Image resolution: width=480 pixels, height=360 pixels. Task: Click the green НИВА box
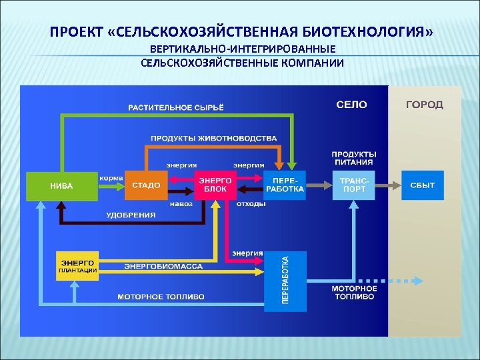[x=61, y=185]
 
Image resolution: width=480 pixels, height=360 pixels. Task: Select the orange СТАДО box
[x=146, y=185]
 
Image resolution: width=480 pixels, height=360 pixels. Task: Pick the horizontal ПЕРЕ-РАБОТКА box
[x=285, y=185]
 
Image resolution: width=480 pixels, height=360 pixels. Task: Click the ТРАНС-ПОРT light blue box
[x=354, y=185]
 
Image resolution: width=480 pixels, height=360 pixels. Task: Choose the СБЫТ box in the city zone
[x=422, y=185]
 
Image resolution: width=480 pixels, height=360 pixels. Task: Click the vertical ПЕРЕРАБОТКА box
[x=285, y=281]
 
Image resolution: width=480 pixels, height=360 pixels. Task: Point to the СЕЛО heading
[x=351, y=105]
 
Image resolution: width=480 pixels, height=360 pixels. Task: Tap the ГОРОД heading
[x=425, y=105]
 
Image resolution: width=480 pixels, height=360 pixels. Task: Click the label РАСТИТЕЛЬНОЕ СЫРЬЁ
[x=176, y=107]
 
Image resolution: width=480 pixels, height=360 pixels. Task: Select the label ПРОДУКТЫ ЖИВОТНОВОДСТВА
[x=213, y=138]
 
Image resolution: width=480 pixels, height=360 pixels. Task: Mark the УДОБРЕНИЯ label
[x=131, y=215]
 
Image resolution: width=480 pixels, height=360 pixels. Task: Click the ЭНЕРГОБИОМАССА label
[x=163, y=266]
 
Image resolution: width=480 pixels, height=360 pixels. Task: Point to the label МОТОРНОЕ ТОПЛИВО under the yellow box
[x=161, y=296]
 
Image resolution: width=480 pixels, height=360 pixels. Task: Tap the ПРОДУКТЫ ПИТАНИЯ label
[x=354, y=158]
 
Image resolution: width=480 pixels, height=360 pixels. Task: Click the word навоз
[x=181, y=203]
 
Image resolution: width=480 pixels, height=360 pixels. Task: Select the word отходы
[x=251, y=203]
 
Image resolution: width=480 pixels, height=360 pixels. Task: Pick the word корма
[x=110, y=178]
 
